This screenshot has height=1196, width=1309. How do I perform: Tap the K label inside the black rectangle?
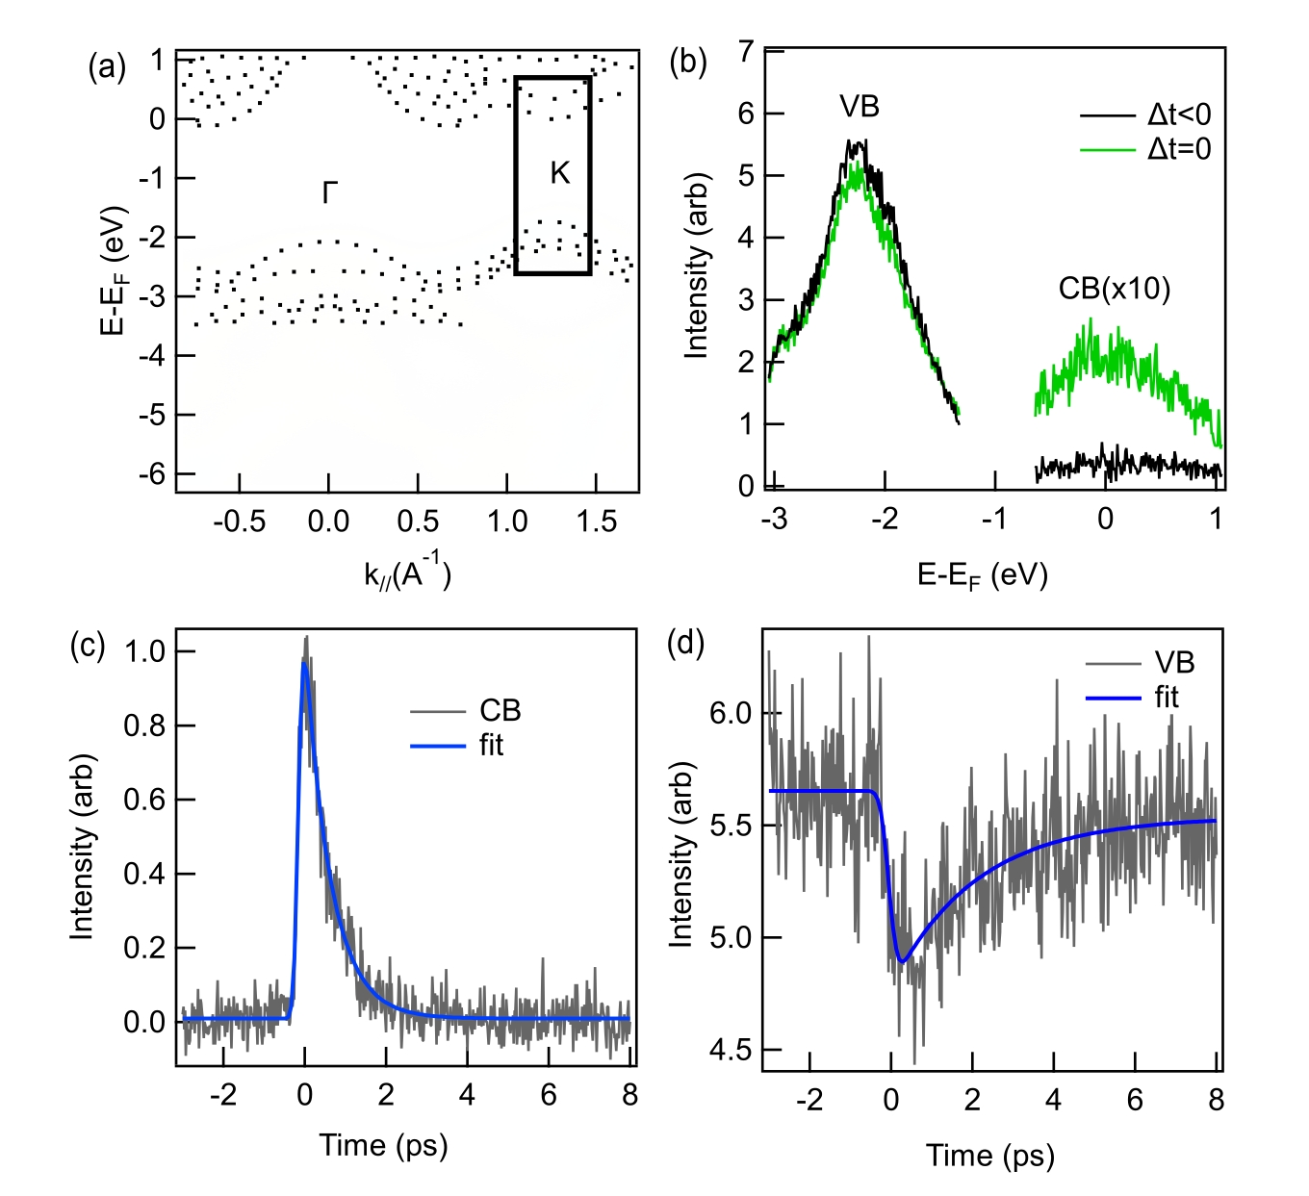[560, 173]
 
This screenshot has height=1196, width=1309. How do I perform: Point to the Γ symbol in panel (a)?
[330, 192]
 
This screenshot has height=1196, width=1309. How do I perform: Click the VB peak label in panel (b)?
[860, 107]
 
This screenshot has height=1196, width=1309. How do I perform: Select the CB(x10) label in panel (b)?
[1114, 289]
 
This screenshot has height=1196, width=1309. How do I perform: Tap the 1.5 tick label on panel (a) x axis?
[596, 522]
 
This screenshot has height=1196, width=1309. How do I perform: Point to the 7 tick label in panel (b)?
[746, 52]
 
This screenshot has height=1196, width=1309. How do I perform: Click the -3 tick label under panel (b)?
[774, 520]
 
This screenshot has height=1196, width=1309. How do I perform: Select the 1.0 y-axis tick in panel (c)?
[145, 651]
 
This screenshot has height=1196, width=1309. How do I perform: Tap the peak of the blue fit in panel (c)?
[304, 663]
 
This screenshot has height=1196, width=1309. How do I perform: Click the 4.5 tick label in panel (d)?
[731, 1050]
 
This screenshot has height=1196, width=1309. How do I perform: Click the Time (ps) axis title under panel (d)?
[989, 1156]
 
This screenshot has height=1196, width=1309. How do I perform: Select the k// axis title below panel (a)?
[407, 575]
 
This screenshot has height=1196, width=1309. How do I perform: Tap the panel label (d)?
[685, 644]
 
